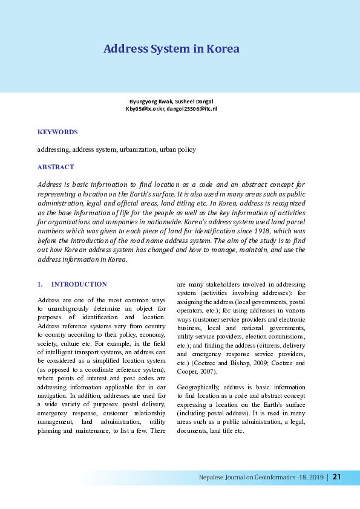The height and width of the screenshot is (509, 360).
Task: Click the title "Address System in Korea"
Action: [x=171, y=49]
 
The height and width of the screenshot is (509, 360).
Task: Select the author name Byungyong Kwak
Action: [x=150, y=101]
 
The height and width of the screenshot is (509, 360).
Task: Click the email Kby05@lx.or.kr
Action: [x=145, y=108]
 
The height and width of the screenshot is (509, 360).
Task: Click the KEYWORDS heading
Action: [x=57, y=132]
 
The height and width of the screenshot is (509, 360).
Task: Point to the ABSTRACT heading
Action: [x=56, y=167]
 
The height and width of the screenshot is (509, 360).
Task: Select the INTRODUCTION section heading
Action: [x=79, y=284]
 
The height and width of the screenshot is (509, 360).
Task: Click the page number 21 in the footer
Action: [x=337, y=478]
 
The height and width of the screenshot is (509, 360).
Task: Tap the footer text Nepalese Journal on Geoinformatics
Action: [x=252, y=478]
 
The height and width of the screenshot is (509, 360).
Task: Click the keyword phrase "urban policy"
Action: [x=177, y=149]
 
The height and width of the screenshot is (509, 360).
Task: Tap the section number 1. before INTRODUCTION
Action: [x=40, y=284]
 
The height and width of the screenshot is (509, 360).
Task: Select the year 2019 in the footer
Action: [x=314, y=478]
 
